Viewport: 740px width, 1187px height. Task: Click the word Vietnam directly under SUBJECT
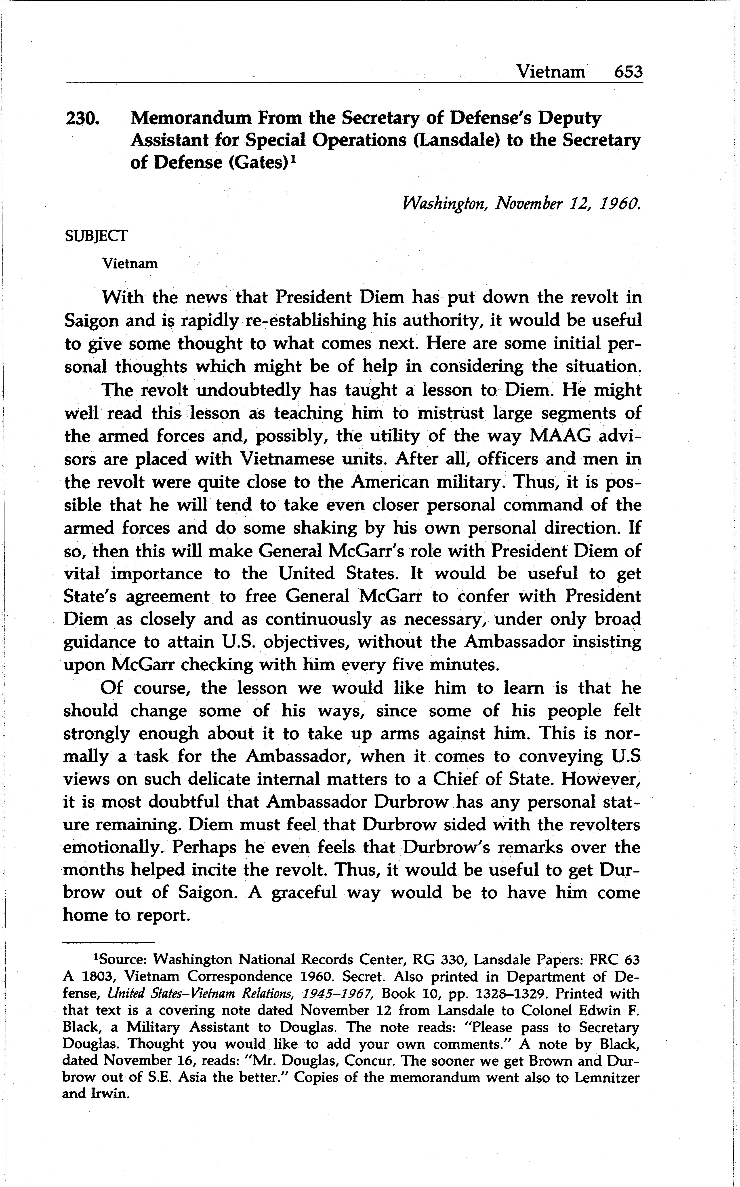pyautogui.click(x=130, y=264)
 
